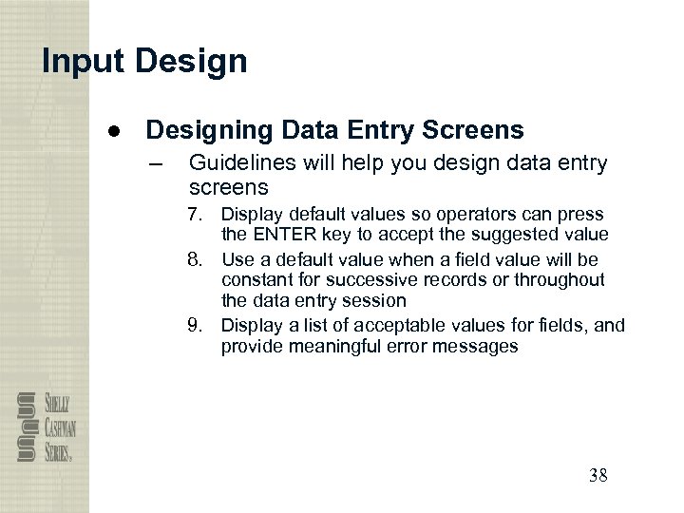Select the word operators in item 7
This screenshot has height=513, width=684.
coord(463,214)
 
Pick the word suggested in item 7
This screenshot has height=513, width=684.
coord(520,234)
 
